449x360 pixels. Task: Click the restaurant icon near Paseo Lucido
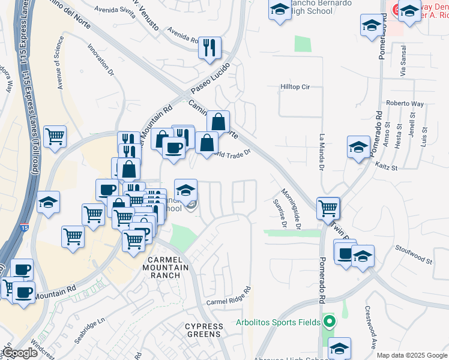tap(209, 48)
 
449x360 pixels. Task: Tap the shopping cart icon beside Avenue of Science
tap(55, 136)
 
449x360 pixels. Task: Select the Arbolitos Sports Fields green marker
tap(328, 322)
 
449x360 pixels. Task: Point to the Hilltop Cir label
tap(295, 87)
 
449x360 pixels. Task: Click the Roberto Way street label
tap(404, 103)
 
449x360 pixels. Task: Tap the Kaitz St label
tap(387, 167)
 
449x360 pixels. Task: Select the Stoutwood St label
tap(414, 254)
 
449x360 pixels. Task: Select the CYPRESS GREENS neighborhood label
tap(204, 331)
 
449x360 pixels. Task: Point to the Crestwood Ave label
tap(370, 327)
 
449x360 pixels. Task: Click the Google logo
tap(20, 353)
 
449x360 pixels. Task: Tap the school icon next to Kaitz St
tap(358, 146)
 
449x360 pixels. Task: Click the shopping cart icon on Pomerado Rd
tap(328, 208)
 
